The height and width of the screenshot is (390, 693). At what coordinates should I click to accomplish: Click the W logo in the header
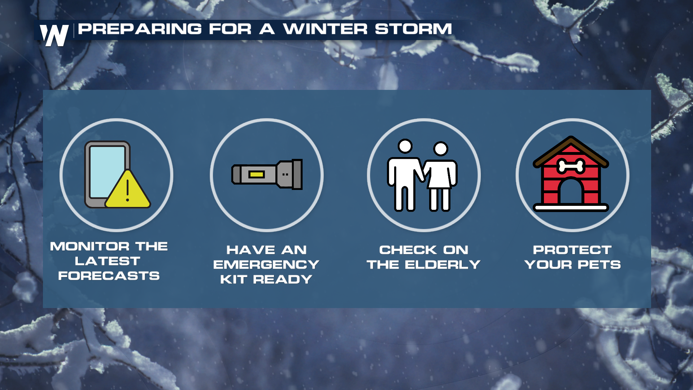pyautogui.click(x=54, y=35)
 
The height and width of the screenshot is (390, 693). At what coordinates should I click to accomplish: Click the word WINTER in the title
pyautogui.click(x=325, y=29)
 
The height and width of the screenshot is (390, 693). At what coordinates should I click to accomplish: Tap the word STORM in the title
pyautogui.click(x=413, y=29)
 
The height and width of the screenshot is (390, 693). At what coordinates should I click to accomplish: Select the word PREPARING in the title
pyautogui.click(x=140, y=29)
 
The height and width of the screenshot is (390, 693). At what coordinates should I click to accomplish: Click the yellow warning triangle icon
pyautogui.click(x=128, y=189)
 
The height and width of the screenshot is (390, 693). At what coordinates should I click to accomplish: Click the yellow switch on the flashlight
pyautogui.click(x=257, y=175)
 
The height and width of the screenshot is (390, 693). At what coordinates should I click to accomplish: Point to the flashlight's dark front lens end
pyautogui.click(x=297, y=174)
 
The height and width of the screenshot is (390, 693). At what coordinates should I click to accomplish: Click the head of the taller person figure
pyautogui.click(x=405, y=146)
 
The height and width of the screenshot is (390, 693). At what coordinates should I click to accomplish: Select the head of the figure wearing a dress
pyautogui.click(x=441, y=149)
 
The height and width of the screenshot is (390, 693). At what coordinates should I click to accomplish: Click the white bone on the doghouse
pyautogui.click(x=571, y=166)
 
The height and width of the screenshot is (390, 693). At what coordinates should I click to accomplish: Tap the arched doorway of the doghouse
pyautogui.click(x=571, y=191)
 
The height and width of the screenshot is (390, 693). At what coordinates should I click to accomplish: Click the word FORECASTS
pyautogui.click(x=109, y=276)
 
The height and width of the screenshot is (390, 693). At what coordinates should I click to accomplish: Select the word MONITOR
pyautogui.click(x=90, y=247)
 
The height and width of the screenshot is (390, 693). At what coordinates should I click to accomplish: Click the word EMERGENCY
pyautogui.click(x=266, y=265)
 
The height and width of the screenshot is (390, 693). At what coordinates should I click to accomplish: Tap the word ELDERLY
pyautogui.click(x=443, y=265)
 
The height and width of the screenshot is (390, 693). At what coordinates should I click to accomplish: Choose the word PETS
pyautogui.click(x=599, y=265)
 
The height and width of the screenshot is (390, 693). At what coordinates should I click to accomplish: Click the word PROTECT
pyautogui.click(x=572, y=250)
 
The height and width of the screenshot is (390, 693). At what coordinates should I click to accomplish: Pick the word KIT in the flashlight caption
pyautogui.click(x=234, y=279)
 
